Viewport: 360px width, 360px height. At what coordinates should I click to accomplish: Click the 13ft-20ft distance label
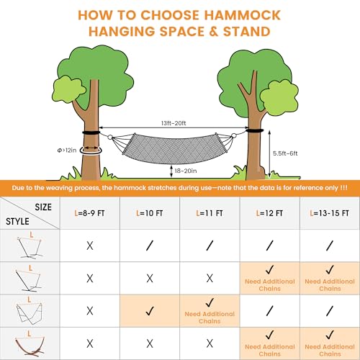tap(174, 123)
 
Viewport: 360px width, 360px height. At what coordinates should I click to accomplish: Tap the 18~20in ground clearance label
tap(186, 171)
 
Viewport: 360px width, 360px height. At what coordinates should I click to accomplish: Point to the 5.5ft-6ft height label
tap(285, 153)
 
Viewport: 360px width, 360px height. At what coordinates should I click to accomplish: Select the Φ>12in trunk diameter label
tap(67, 150)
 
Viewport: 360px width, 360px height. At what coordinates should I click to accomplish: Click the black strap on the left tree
tap(91, 132)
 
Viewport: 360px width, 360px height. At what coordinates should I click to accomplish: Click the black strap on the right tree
tap(255, 130)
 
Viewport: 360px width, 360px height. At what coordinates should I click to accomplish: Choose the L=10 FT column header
tap(149, 213)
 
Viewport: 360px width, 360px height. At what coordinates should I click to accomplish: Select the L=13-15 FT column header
tap(329, 213)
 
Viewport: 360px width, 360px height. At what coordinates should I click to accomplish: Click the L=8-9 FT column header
tap(89, 213)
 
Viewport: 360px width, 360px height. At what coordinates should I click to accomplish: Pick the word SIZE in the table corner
tap(43, 207)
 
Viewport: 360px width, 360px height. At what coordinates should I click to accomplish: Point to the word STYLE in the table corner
tap(17, 221)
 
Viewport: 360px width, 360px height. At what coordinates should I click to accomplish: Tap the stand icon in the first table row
tap(30, 247)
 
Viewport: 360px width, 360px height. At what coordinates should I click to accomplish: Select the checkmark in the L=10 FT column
tap(150, 311)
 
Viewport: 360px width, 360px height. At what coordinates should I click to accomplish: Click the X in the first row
tap(90, 246)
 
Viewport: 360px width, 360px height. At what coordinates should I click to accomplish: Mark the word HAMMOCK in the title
tap(242, 15)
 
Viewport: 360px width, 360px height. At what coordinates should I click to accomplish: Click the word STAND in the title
tap(247, 32)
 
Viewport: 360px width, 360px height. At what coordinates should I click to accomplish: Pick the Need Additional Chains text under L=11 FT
tap(210, 318)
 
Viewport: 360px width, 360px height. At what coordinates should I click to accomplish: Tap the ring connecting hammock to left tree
tap(110, 137)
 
